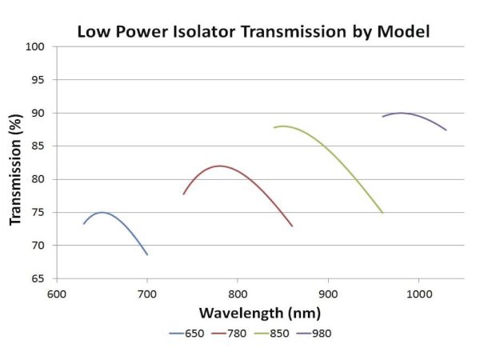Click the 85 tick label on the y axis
[x=38, y=146]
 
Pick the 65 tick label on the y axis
[x=38, y=279]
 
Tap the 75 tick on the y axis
[x=38, y=213]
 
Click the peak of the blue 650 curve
[x=102, y=212]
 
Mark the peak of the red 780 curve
[x=219, y=166]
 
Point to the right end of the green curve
[x=382, y=213]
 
